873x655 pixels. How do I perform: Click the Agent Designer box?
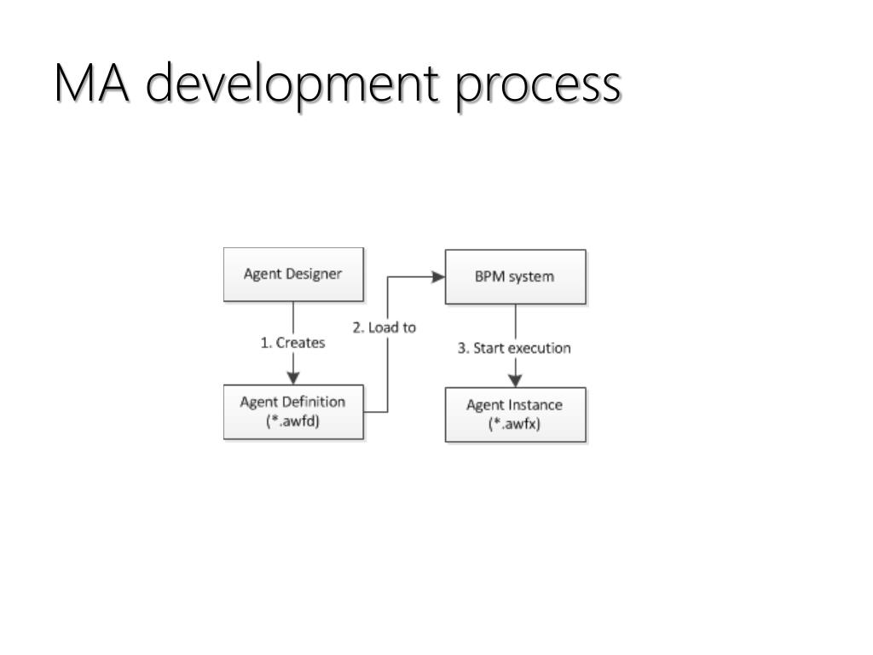tap(293, 275)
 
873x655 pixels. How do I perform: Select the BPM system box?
tap(515, 276)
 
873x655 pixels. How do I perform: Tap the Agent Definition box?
tap(293, 412)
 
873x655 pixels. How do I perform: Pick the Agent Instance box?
tap(515, 414)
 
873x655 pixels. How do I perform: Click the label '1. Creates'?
tap(292, 343)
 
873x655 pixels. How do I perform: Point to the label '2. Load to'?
tap(384, 327)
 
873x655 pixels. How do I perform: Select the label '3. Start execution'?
tap(515, 348)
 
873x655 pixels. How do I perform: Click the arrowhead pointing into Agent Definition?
tap(293, 378)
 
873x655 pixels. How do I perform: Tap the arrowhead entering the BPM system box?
tap(439, 276)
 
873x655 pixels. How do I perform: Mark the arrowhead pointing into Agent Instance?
tap(515, 380)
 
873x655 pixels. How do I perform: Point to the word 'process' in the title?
tap(537, 85)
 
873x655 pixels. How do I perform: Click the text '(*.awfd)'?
tap(293, 420)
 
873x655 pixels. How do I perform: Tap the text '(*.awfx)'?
tap(515, 423)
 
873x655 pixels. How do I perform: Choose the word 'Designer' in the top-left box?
tap(314, 274)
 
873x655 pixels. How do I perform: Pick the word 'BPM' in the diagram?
tap(490, 276)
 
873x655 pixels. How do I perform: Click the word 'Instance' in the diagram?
tap(536, 405)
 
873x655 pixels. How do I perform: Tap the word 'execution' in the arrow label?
tap(541, 348)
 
